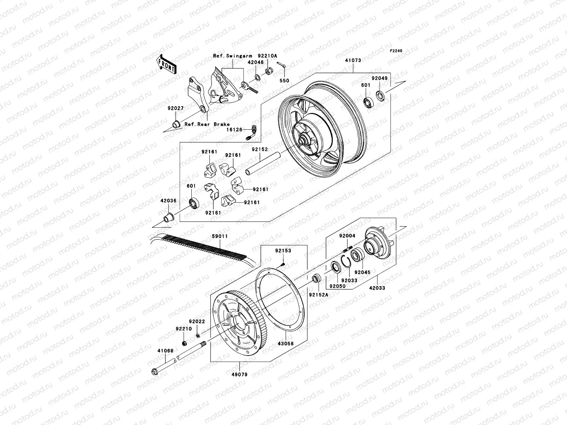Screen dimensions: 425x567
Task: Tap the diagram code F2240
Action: pos(397,51)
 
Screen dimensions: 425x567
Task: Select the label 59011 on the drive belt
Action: pos(220,236)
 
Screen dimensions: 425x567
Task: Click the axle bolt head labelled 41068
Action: pos(155,372)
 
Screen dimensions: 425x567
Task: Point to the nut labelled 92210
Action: pos(184,343)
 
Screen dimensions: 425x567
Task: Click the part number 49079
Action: pos(240,374)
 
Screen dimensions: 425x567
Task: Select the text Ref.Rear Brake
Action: pos(207,124)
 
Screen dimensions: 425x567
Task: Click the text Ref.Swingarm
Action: pos(232,56)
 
